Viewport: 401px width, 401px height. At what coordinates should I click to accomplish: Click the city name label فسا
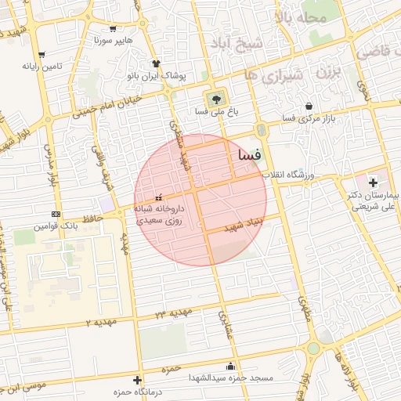(245, 156)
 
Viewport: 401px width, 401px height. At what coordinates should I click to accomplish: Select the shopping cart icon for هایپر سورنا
(114, 28)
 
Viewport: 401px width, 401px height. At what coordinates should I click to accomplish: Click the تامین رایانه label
(42, 67)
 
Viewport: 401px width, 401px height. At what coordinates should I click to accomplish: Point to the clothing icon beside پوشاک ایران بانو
(156, 64)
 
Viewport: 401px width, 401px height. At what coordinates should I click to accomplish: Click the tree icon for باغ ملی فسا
(214, 99)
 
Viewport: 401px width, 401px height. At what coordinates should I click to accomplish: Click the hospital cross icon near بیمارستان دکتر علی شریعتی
(373, 182)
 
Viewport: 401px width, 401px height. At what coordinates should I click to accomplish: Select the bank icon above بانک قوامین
(55, 214)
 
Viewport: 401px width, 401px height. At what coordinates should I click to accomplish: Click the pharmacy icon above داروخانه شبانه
(159, 197)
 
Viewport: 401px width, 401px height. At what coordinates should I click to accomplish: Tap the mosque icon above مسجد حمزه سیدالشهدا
(229, 366)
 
